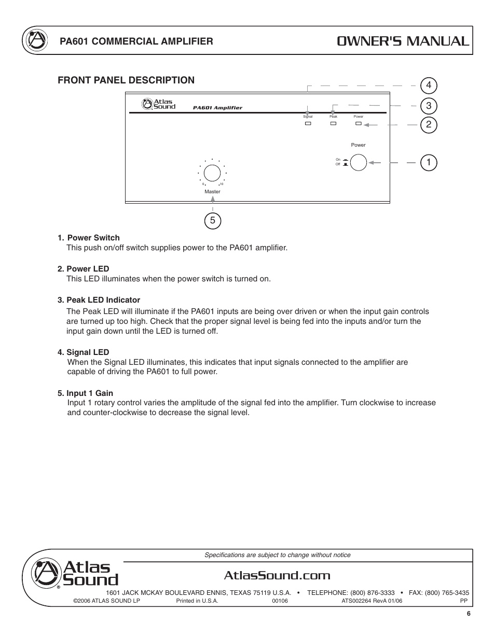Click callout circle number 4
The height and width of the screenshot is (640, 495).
[429, 85]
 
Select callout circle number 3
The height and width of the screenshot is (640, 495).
[429, 106]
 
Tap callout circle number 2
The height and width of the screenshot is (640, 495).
[429, 125]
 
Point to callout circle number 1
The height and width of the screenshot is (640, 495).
[429, 163]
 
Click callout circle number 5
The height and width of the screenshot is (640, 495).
[213, 221]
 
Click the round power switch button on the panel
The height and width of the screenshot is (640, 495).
[359, 163]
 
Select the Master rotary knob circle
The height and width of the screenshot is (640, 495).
[212, 173]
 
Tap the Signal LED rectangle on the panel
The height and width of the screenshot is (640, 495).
[308, 124]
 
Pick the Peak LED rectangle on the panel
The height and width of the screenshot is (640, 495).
[333, 124]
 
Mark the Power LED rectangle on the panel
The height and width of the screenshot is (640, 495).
[358, 124]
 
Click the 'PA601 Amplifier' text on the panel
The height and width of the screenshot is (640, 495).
[217, 108]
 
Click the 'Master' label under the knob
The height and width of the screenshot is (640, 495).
[212, 192]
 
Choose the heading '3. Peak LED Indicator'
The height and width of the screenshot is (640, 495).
[99, 300]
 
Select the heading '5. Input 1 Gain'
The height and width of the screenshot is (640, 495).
[85, 393]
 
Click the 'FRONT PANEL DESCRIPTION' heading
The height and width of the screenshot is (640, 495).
[126, 80]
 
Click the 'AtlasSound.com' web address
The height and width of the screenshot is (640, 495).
[278, 575]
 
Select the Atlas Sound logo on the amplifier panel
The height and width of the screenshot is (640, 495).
[159, 104]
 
